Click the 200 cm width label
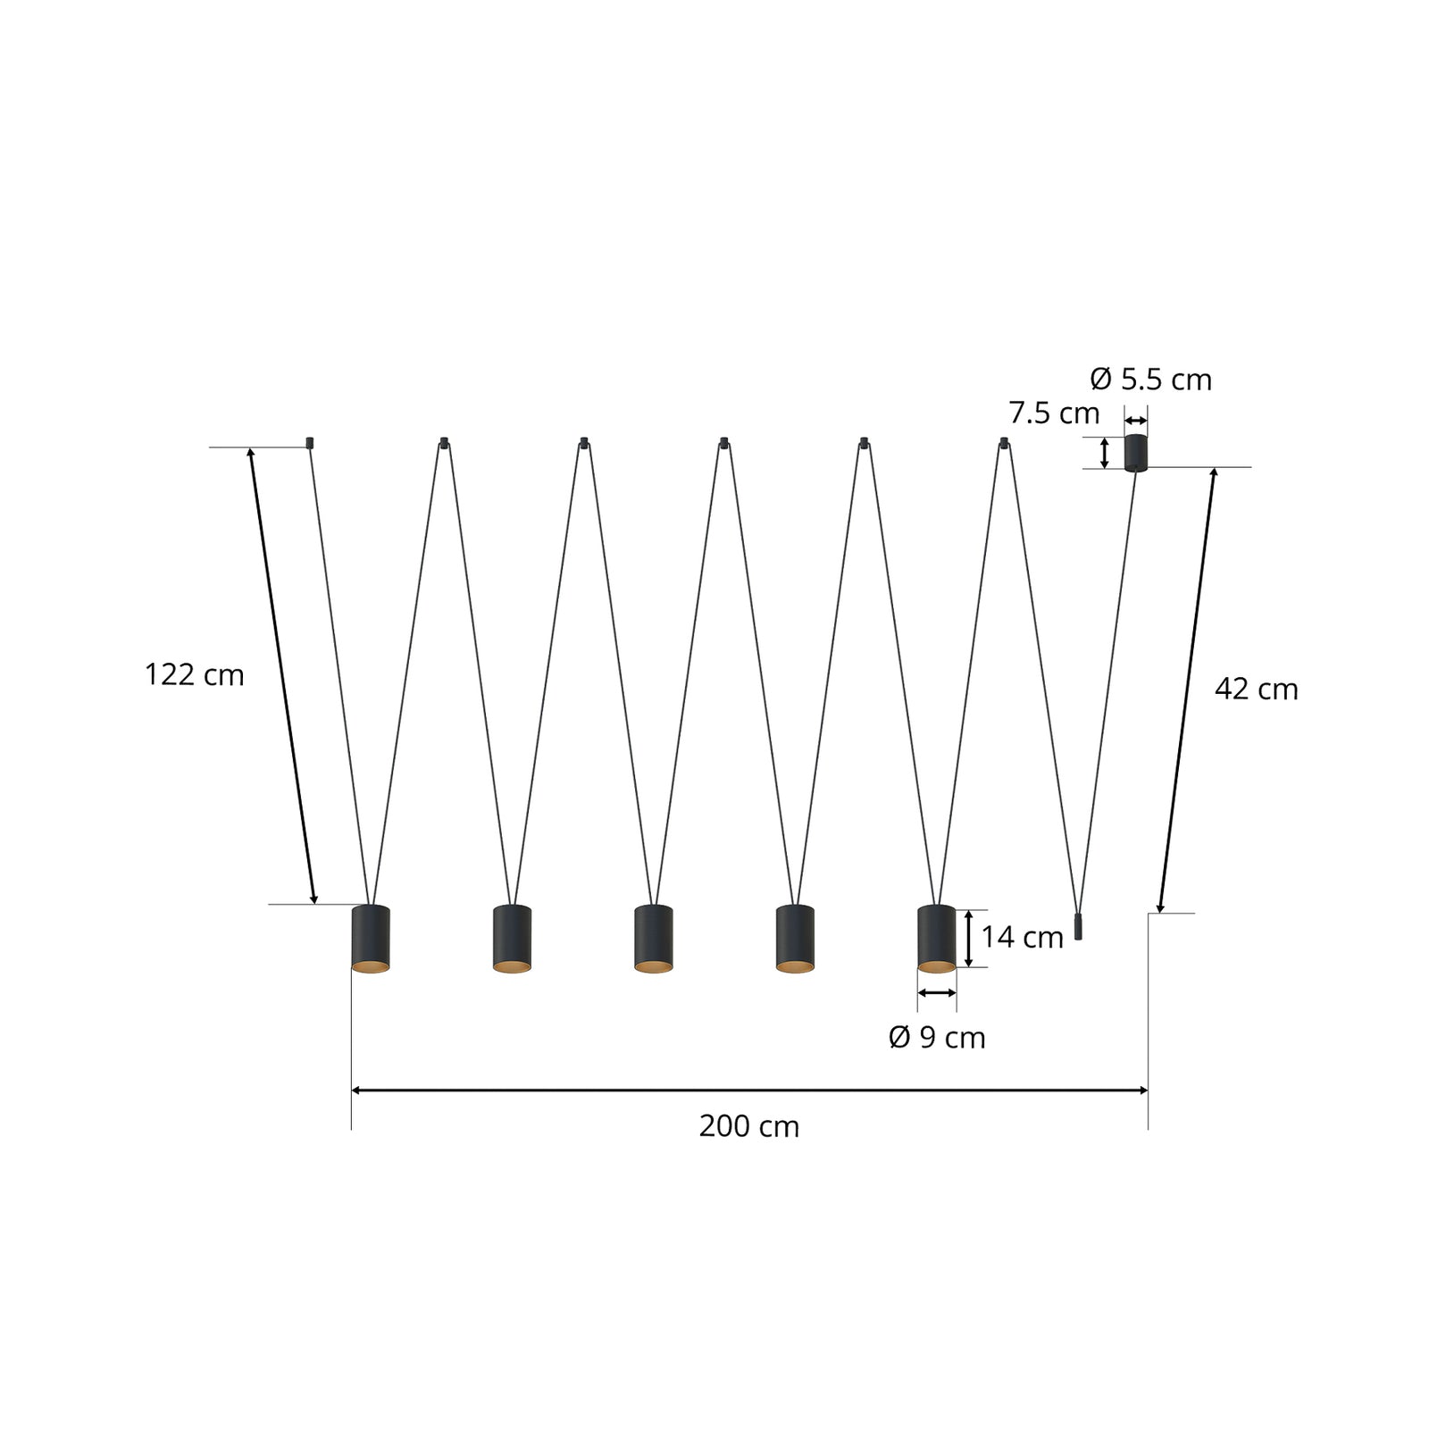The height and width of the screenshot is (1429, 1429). coord(748,1126)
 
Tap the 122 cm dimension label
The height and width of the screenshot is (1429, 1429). coord(194,674)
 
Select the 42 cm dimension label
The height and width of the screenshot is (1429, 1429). coord(1256,689)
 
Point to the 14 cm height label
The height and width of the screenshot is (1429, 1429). coord(1022,937)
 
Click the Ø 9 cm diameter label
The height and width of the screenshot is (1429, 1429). coord(937,1037)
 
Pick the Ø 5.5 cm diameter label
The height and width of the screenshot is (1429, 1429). coord(1150,380)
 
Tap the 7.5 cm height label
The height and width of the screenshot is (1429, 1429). coord(1054,414)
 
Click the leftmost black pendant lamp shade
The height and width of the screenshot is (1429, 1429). coord(371,939)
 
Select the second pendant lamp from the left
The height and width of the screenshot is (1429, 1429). coord(512,939)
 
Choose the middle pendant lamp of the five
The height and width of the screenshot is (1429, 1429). coord(653,939)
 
